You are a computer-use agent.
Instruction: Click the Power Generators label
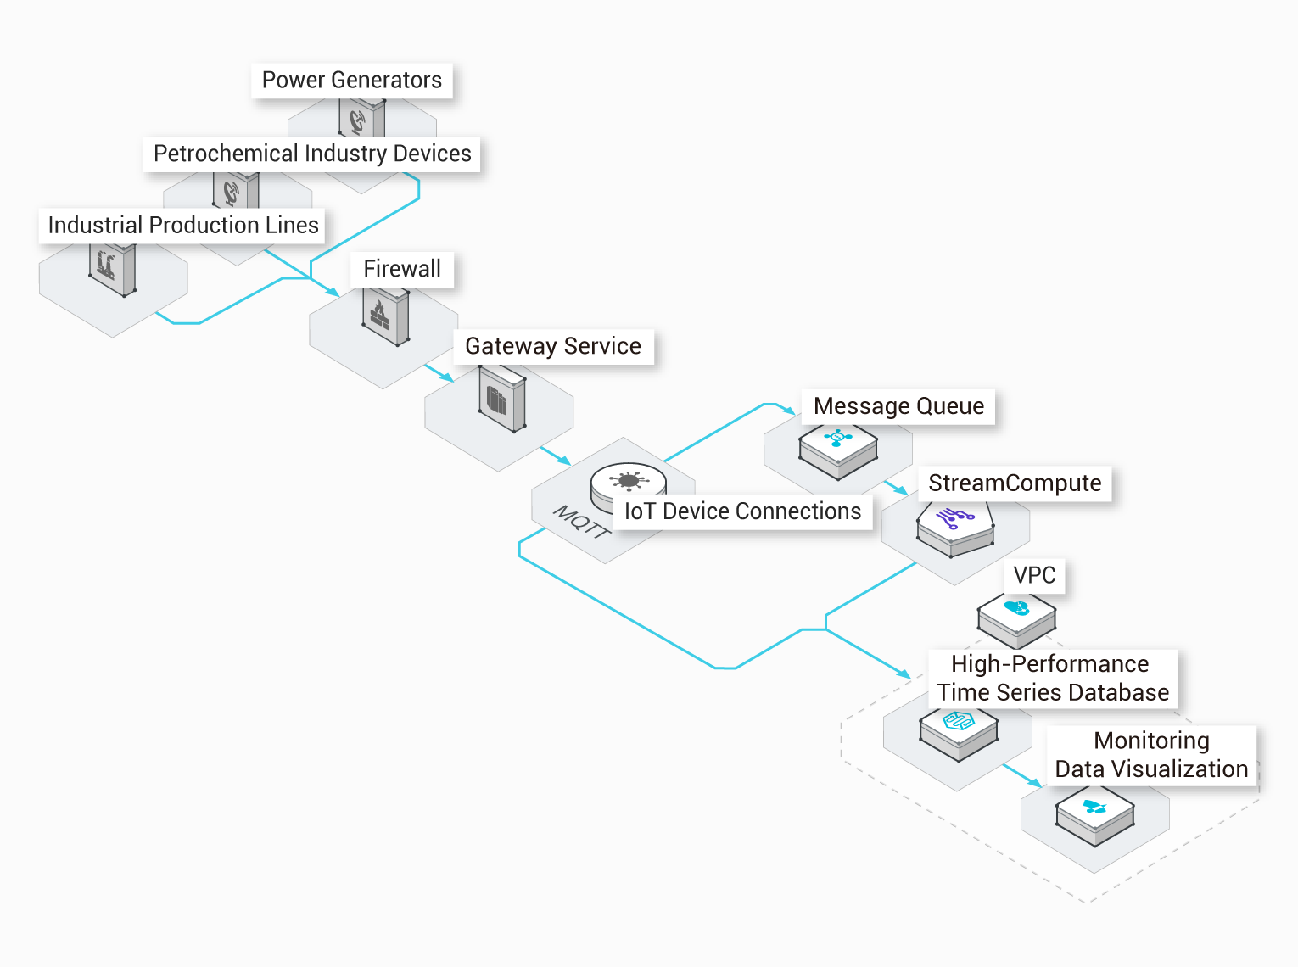point(352,81)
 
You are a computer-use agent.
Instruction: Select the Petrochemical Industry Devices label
point(312,154)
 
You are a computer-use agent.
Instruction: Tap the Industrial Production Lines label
point(182,226)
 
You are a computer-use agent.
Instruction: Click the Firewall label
point(402,269)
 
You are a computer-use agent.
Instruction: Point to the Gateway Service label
point(554,347)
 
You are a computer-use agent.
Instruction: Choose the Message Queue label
point(898,406)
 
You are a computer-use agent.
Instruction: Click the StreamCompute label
point(1015,483)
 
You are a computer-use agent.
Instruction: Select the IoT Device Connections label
point(742,511)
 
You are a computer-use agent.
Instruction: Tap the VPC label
point(1035,575)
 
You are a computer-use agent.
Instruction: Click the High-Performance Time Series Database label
point(1053,679)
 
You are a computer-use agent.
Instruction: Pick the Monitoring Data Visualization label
point(1151,755)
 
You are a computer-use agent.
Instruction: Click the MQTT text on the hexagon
point(582,522)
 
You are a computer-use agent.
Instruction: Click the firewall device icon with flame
point(386,316)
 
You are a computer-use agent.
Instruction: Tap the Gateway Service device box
point(502,400)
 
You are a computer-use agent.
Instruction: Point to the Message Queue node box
point(838,451)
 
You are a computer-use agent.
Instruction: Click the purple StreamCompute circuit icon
point(954,518)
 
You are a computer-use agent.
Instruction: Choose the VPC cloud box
point(1016,620)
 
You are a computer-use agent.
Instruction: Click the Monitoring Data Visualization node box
point(1095,815)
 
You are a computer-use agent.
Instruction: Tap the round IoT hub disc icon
point(628,486)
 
